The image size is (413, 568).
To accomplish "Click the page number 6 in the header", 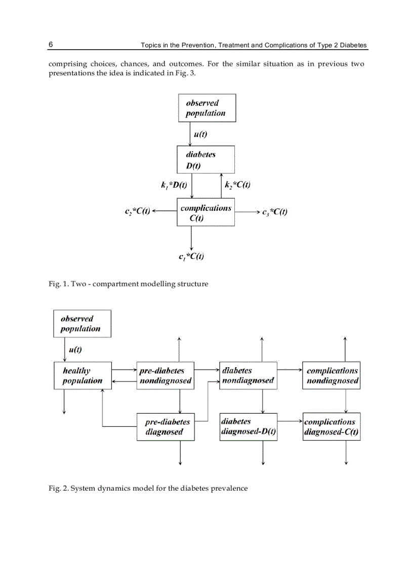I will pos(51,45).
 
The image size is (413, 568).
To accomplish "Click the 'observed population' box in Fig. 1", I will pos(206,108).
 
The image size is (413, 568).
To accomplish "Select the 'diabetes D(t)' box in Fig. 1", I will pos(205,160).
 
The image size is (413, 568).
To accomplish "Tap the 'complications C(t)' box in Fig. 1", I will pos(205,212).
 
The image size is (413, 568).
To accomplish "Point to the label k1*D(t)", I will pos(174,186).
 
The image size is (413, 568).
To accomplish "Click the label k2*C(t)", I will pos(237,186).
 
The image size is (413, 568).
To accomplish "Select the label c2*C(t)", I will pos(137,212).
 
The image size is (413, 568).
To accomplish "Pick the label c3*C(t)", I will pos(275,212).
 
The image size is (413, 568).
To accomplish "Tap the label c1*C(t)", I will pos(191,256).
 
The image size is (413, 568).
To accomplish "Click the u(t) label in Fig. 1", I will pos(200,135).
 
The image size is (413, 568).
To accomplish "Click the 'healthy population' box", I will pos(82,375).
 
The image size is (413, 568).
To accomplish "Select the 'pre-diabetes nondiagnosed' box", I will pos(165,375).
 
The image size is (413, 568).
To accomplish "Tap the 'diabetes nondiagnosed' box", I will pos(248,375).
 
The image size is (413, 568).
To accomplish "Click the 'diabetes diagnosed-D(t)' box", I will pos(248,427).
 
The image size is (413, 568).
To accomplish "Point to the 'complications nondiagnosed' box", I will pos(331,375).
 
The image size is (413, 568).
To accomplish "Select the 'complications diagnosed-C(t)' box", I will pos(331,427).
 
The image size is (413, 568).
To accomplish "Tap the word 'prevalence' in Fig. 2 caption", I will pos(231,489).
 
